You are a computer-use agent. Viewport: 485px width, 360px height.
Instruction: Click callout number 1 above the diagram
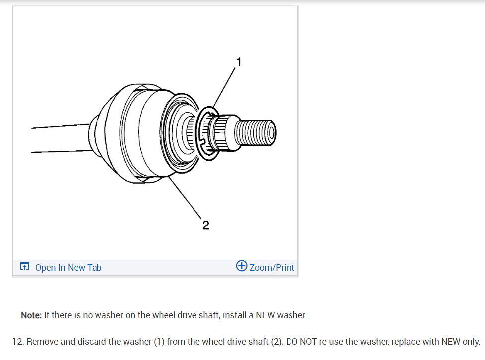pos(239,62)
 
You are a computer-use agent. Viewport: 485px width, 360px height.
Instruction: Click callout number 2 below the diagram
pos(206,225)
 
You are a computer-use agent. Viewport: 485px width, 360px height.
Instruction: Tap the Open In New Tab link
pos(68,267)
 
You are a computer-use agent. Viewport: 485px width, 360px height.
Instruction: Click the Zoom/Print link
pos(272,267)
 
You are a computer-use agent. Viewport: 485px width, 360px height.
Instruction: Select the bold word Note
pos(31,315)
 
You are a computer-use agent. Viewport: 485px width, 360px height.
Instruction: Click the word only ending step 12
pos(471,342)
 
